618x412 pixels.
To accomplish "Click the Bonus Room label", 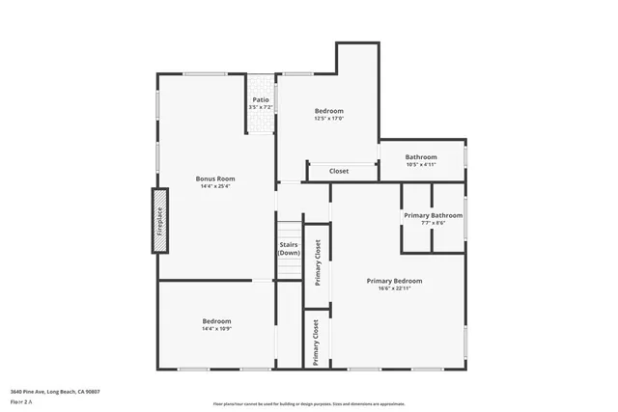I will point(215,179).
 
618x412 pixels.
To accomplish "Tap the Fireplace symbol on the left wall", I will point(160,221).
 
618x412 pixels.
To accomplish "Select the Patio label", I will point(261,99).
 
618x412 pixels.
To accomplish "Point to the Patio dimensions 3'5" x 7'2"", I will point(261,106).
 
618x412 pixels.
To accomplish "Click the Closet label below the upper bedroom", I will point(339,171).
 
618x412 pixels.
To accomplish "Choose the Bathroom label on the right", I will point(421,157).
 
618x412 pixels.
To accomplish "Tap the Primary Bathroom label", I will point(433,215).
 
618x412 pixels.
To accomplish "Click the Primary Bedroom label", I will point(394,281).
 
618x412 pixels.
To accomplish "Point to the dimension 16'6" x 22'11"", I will point(394,288).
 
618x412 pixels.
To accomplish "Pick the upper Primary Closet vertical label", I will point(317,261).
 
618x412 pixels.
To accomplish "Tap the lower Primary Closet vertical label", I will point(316,341).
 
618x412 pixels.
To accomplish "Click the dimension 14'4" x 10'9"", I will point(216,329).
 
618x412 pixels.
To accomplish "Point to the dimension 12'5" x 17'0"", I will point(328,119).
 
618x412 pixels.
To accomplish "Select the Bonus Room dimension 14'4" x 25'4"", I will point(215,186).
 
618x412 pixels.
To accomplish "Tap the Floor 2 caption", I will point(22,402).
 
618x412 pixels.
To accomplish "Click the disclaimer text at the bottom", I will point(309,404).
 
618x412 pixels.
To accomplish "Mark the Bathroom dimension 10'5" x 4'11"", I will point(421,165).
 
